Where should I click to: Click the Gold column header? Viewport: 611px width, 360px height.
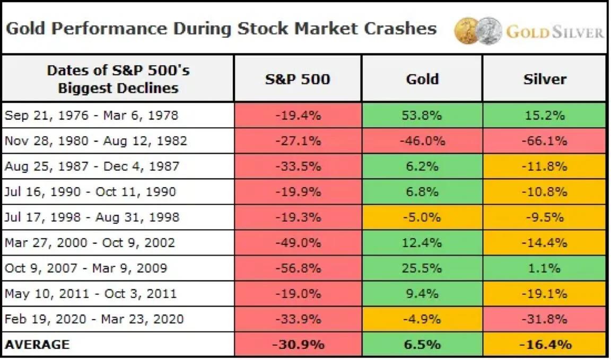click(422, 79)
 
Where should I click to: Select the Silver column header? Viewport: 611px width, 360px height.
click(545, 79)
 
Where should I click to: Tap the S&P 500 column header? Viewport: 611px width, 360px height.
click(298, 79)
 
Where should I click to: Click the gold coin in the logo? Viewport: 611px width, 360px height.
click(467, 31)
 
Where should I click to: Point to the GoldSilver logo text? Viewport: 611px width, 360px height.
click(554, 32)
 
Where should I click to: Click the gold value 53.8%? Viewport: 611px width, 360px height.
click(422, 116)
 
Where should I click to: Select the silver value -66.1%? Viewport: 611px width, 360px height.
click(545, 141)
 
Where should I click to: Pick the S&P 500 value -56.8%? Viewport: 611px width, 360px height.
click(298, 268)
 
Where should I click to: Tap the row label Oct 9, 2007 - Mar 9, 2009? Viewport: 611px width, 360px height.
click(86, 268)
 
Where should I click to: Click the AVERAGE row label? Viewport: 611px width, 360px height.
click(37, 345)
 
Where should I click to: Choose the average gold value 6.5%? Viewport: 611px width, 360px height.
click(422, 345)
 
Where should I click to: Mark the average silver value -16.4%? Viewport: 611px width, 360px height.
click(545, 345)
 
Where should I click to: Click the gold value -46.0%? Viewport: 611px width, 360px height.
click(422, 141)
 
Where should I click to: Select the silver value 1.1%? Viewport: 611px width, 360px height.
click(545, 268)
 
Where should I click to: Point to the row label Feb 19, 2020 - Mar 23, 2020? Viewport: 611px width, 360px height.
click(94, 319)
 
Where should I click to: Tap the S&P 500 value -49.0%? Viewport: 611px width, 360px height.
click(298, 243)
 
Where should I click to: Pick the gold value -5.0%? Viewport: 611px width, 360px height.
click(422, 217)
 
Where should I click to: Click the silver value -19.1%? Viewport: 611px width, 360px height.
click(545, 294)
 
